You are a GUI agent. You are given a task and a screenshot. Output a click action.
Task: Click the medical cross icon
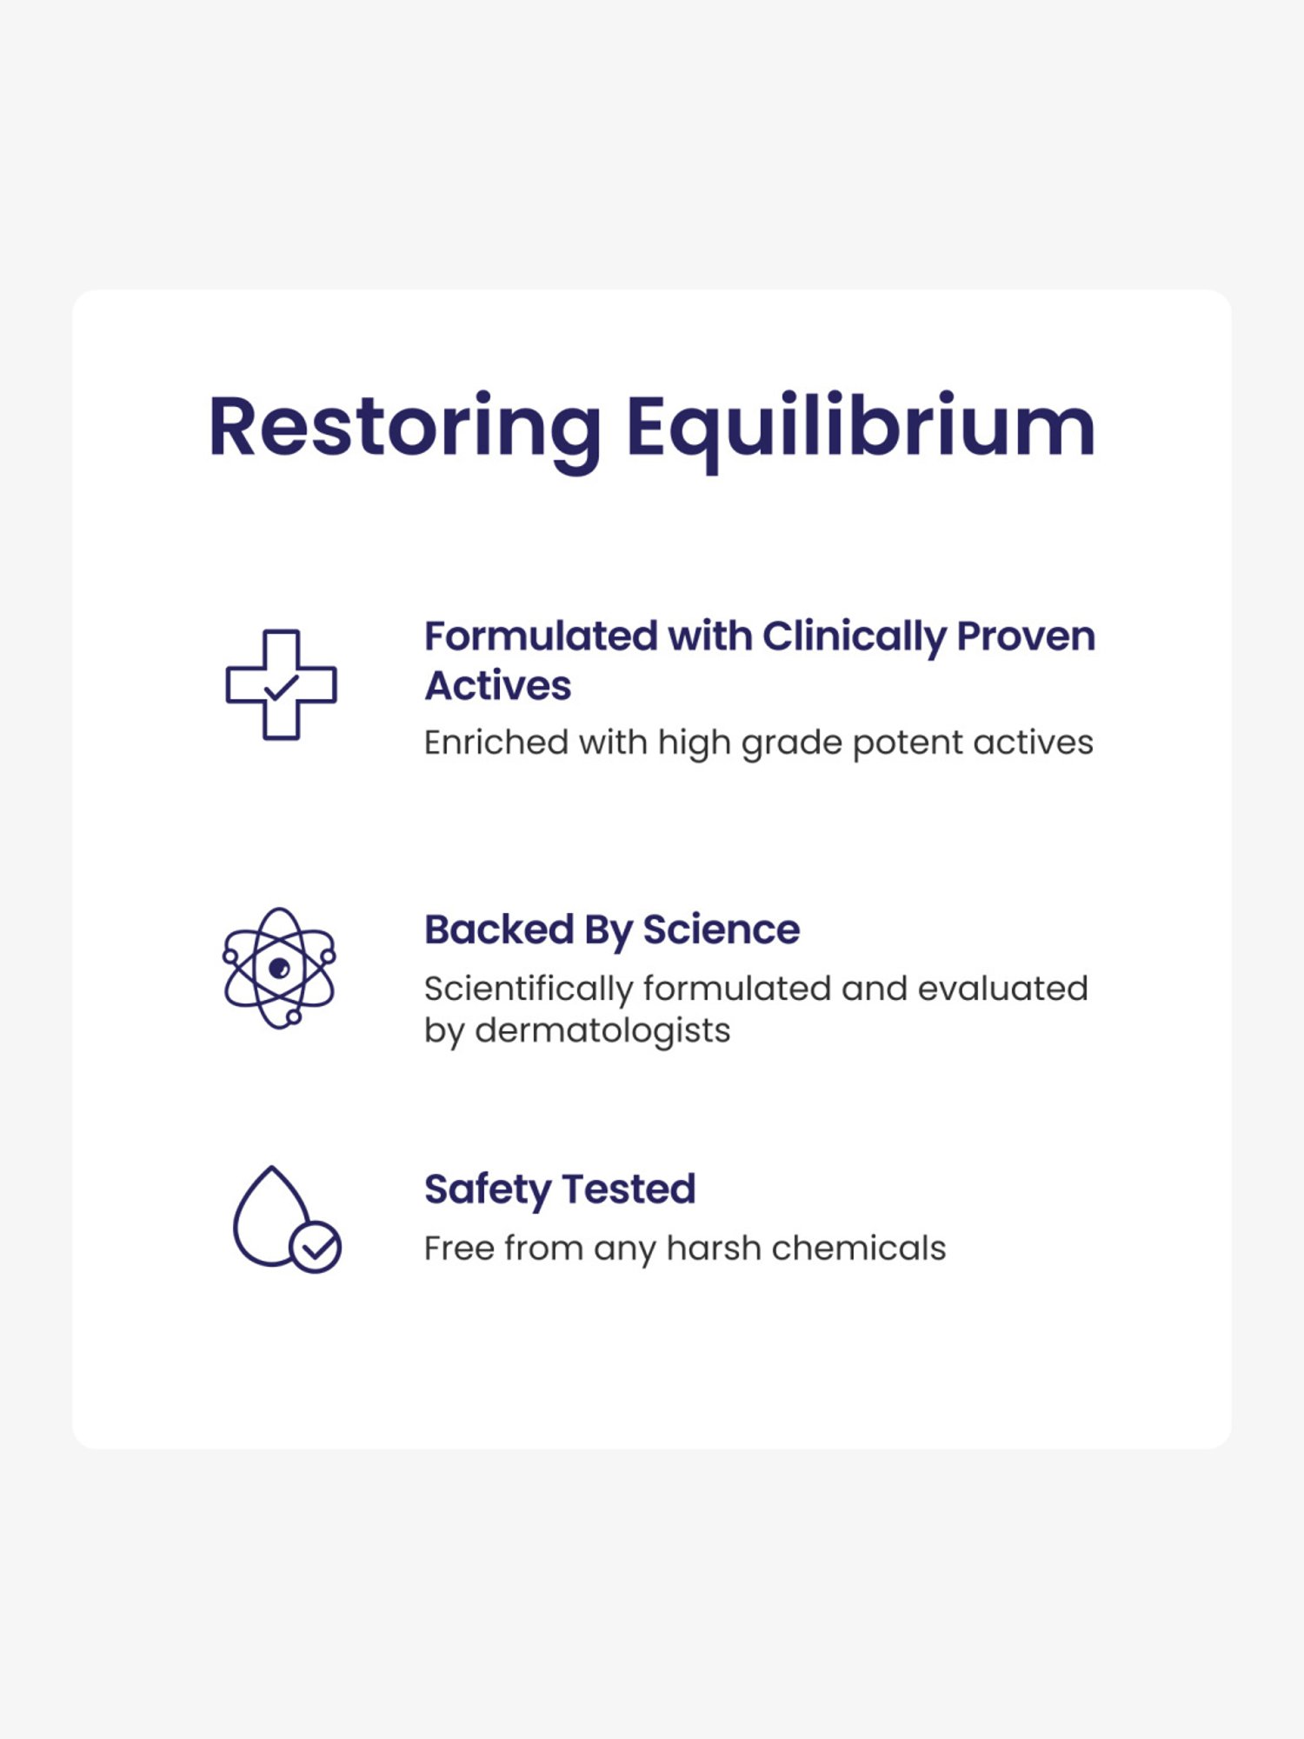click(x=281, y=684)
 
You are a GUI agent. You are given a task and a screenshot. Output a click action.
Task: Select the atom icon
click(x=279, y=968)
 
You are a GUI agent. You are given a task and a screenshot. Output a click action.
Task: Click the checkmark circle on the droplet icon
click(x=316, y=1248)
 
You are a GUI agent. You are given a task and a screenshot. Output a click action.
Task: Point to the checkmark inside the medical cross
click(x=281, y=688)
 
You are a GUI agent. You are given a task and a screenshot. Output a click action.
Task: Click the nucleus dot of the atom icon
click(x=279, y=968)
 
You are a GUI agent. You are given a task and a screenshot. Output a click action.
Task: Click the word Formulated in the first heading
click(x=540, y=636)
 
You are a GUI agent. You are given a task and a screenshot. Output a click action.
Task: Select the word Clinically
click(x=854, y=636)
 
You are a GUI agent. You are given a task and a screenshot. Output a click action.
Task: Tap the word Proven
click(x=1026, y=636)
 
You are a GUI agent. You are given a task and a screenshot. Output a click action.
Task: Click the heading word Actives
click(x=497, y=686)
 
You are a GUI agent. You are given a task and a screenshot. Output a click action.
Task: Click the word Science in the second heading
click(x=722, y=929)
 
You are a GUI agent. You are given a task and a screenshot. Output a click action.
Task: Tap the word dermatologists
click(x=602, y=1030)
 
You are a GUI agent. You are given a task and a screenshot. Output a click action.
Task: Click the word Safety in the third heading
click(x=488, y=1189)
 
